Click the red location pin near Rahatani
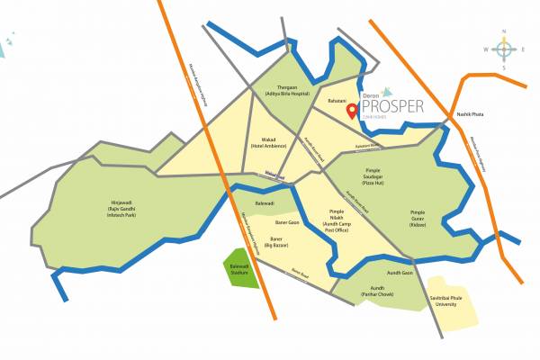click(351, 96)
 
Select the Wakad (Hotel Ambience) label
click(269, 142)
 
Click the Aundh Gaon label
click(400, 272)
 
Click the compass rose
click(504, 49)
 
